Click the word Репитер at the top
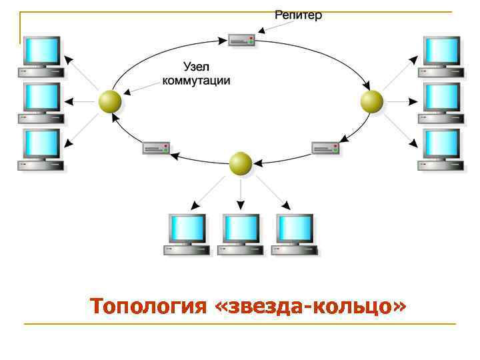(x=299, y=15)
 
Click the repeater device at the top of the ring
(x=241, y=40)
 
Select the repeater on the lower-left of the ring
(x=156, y=148)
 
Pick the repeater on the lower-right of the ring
(x=325, y=148)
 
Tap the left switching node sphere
(x=110, y=102)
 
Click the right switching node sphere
(x=372, y=102)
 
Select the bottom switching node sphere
(x=241, y=163)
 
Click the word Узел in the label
(x=197, y=67)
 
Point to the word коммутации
(x=197, y=81)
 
